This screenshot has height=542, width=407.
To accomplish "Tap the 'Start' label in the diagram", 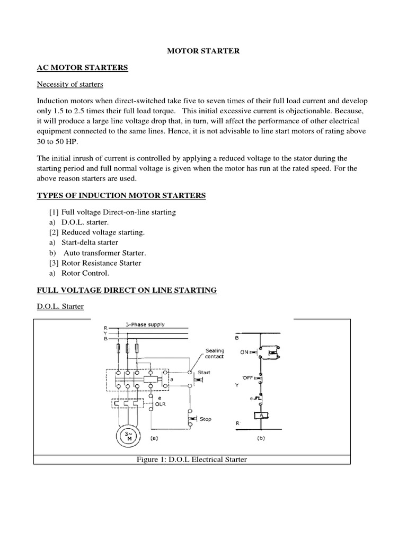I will (x=204, y=372).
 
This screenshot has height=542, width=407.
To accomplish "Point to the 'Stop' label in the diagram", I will (x=206, y=419).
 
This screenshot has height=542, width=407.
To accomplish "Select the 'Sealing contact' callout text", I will (x=215, y=353).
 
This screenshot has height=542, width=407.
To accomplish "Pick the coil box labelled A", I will (x=261, y=416).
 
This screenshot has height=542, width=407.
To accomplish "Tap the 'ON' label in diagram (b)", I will (x=244, y=352).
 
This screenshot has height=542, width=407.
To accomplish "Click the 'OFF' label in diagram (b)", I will (x=247, y=377).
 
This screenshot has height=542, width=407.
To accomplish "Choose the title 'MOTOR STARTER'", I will (x=203, y=51).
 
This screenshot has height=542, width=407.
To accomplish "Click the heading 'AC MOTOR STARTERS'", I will (x=82, y=68).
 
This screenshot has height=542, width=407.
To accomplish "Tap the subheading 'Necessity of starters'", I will (x=70, y=84).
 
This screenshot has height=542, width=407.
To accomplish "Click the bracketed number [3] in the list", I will (x=54, y=263).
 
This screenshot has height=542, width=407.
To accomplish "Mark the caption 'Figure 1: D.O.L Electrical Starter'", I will (x=191, y=459).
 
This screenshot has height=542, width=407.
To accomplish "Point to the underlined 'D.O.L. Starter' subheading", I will (x=60, y=306).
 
